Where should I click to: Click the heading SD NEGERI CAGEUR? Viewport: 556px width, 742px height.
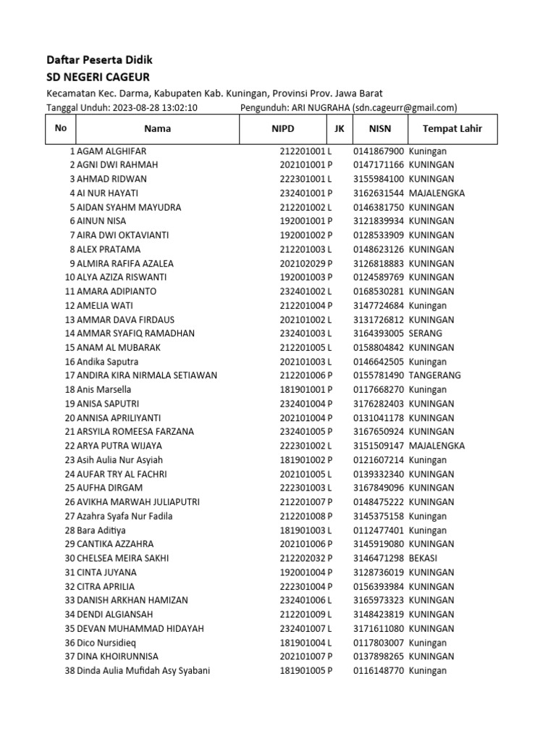tap(98, 77)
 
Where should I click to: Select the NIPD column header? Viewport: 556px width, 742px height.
tap(283, 129)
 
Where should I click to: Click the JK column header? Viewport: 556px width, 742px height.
tap(340, 129)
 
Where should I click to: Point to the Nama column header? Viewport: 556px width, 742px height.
tap(157, 129)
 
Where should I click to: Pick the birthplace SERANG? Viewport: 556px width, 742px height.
tap(425, 333)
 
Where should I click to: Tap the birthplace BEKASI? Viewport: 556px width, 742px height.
tap(424, 558)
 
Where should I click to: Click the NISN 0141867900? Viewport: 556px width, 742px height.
tap(378, 151)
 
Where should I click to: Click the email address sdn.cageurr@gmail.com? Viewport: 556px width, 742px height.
tap(405, 108)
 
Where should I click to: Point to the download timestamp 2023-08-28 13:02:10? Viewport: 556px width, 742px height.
tap(154, 108)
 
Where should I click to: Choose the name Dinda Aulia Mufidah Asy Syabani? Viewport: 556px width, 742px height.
tap(143, 670)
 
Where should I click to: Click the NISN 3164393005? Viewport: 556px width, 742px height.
tap(378, 333)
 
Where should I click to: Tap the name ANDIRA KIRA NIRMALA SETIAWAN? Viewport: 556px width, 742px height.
tap(147, 375)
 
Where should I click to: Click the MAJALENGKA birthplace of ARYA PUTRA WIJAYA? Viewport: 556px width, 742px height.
tap(437, 446)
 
